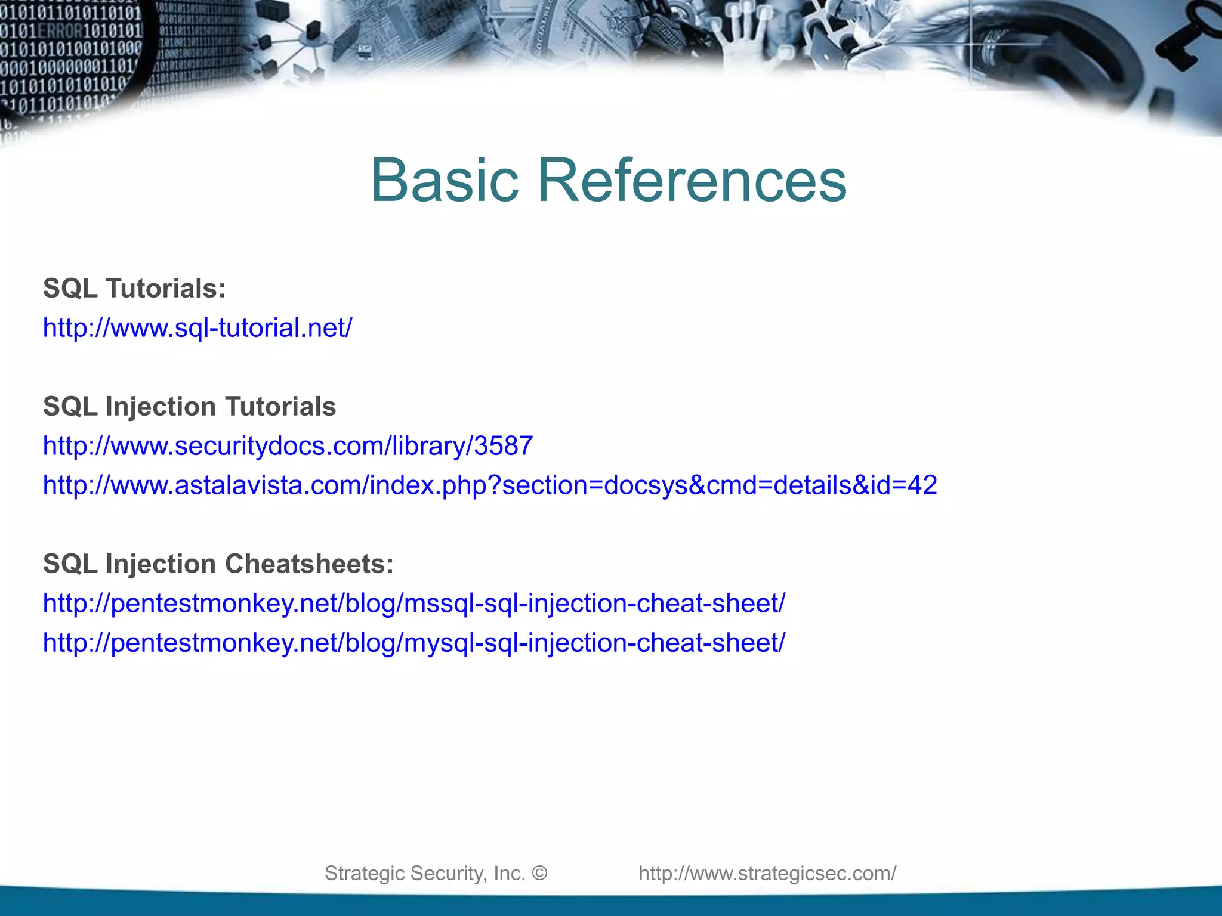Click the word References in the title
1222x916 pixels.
692,180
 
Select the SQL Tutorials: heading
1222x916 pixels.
134,289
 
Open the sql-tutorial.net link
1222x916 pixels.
198,328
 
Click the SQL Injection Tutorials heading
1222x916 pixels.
189,407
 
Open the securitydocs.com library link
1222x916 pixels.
288,446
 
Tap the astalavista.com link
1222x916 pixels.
489,485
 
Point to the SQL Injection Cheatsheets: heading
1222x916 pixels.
218,564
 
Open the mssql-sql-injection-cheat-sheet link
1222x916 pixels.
414,604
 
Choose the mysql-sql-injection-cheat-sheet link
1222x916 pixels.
414,643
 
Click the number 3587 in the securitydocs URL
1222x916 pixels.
503,446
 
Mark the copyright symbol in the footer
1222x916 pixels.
539,873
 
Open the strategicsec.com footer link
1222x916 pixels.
767,873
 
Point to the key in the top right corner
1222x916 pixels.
1190,42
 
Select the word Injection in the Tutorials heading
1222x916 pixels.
161,407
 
